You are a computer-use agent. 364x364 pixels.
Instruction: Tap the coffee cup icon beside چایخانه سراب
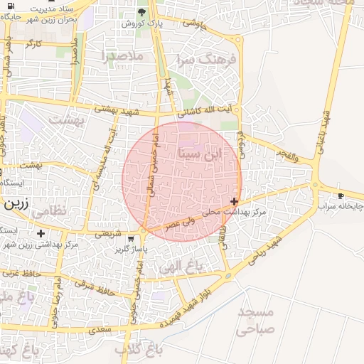[341, 195]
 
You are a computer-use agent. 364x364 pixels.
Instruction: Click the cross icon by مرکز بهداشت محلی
[235, 201]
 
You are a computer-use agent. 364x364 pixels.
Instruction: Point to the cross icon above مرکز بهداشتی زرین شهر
[41, 233]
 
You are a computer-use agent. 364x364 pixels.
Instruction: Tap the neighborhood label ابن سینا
[202, 153]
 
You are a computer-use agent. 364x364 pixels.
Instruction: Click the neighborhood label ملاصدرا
[122, 55]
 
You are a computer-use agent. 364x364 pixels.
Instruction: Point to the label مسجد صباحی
[256, 321]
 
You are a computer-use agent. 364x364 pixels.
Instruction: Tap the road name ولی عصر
[179, 223]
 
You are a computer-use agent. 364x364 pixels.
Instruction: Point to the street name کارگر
[33, 43]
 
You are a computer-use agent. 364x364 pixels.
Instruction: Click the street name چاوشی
[193, 23]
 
